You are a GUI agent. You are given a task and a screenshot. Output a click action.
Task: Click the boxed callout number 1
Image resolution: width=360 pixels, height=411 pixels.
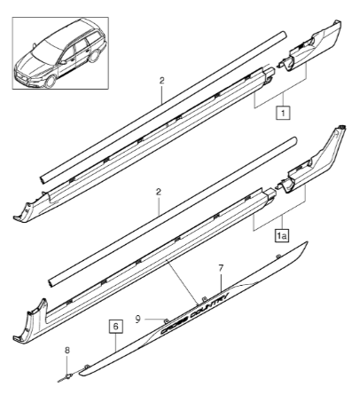pos(283,113)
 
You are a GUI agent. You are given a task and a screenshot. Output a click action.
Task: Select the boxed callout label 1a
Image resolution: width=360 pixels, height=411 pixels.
pos(281,236)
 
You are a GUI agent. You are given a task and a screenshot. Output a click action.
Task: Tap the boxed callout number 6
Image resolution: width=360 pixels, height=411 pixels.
pos(116,327)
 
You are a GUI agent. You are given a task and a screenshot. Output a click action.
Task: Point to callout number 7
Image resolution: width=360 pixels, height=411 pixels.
pos(221,268)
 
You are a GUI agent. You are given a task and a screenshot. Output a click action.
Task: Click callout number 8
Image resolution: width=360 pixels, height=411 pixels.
pos(67,351)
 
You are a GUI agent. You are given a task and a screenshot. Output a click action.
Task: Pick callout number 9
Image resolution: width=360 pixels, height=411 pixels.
pos(138,320)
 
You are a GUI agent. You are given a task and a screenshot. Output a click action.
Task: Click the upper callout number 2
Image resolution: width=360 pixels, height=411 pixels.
pos(161,81)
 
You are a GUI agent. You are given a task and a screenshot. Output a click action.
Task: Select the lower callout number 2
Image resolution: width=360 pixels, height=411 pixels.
pos(159,192)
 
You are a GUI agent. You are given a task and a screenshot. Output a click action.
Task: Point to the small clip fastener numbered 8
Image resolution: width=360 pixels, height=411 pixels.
pos(68,376)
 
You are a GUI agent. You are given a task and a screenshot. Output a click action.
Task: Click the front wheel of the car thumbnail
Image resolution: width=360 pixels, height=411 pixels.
pos(50,81)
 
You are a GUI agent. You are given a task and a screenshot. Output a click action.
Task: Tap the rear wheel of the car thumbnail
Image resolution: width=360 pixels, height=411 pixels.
pos(95,56)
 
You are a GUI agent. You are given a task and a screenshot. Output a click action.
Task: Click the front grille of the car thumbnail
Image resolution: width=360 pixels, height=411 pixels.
pos(21,78)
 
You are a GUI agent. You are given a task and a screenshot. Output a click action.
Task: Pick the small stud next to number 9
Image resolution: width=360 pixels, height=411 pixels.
pos(167,320)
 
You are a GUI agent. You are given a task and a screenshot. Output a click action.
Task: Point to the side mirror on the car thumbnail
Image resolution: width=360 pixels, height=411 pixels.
pos(63,62)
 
